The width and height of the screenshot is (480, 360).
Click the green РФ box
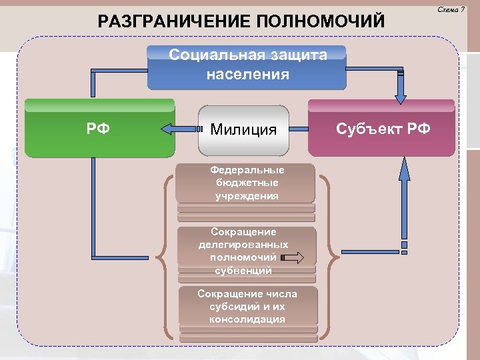[x=100, y=128]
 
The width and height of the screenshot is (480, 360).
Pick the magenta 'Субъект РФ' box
[x=381, y=128]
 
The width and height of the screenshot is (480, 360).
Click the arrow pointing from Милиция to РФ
[x=178, y=129]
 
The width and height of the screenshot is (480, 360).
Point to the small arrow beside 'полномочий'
[x=293, y=257]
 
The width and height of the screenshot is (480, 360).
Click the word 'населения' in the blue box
[x=248, y=74]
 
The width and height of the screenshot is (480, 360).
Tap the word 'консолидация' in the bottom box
[x=247, y=319]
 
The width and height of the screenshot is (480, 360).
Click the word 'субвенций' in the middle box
[x=243, y=271]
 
